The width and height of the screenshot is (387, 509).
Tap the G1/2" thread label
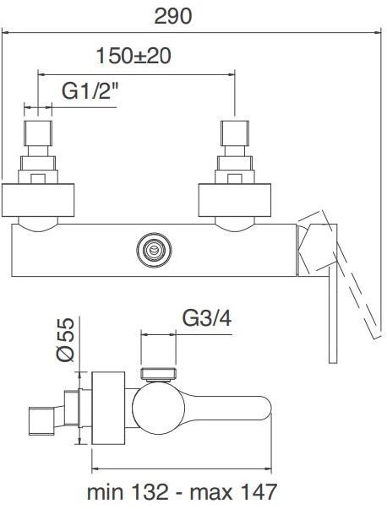click(x=90, y=89)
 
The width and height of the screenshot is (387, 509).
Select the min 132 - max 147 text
click(x=182, y=491)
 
